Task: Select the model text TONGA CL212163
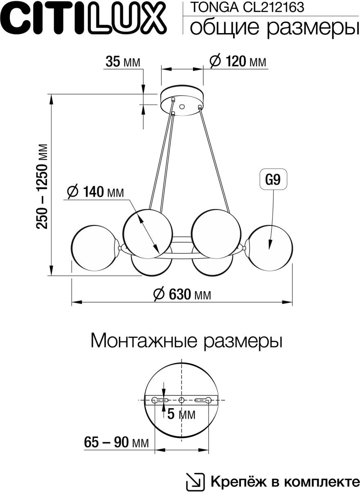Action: tap(248, 7)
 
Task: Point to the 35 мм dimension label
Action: tap(122, 62)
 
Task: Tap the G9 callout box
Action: tap(273, 180)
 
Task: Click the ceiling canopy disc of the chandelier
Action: tap(182, 101)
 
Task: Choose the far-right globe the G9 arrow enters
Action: tap(270, 247)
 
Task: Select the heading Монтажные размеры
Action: tap(186, 341)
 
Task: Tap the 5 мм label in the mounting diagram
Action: tap(181, 415)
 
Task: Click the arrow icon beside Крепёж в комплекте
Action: tap(195, 482)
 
